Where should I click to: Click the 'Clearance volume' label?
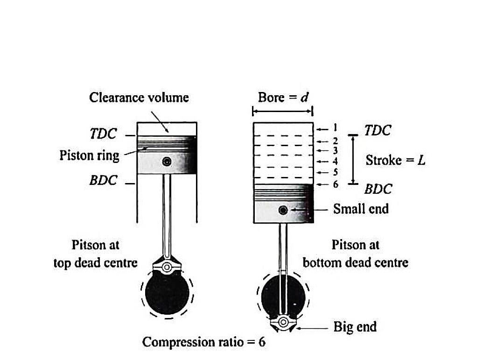(139, 97)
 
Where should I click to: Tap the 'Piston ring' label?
(89, 155)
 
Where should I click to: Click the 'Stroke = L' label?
(395, 160)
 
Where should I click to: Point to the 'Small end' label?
(361, 209)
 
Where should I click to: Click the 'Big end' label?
(355, 326)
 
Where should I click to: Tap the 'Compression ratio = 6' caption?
(203, 342)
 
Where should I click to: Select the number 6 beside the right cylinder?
(335, 184)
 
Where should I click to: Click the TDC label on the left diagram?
(103, 134)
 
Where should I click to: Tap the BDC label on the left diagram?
(103, 180)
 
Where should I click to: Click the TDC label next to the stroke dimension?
(378, 130)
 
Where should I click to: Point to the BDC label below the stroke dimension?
(378, 189)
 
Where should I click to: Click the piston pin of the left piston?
(166, 162)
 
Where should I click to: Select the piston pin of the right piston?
(283, 210)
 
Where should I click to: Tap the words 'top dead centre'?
(96, 263)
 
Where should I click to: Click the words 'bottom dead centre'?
(355, 262)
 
